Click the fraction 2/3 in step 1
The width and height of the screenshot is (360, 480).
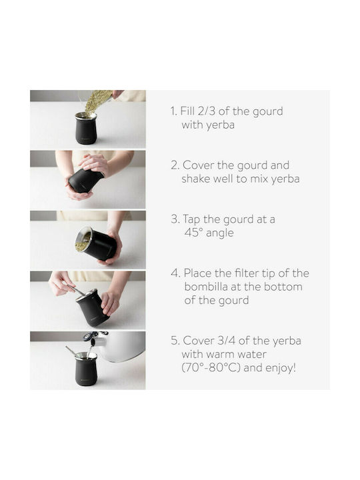tap(207, 111)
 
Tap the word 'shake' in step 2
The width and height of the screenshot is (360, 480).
tap(196, 179)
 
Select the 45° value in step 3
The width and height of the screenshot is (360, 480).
tap(193, 233)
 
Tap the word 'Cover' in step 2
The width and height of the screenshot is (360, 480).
tap(199, 165)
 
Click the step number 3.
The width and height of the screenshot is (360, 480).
tap(175, 219)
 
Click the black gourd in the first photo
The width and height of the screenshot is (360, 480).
tap(86, 129)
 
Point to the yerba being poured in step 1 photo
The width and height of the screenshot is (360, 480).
tap(97, 101)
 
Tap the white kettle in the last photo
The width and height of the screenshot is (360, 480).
tap(123, 346)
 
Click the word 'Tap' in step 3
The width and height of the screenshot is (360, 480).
tap(191, 220)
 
